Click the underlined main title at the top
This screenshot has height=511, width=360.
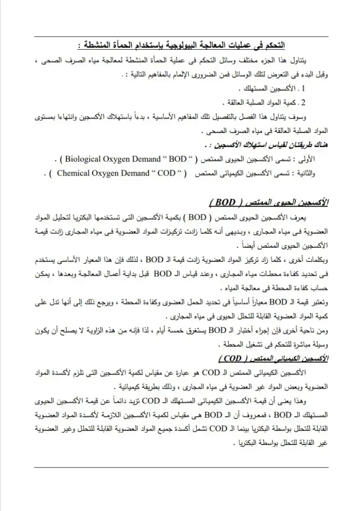(183, 46)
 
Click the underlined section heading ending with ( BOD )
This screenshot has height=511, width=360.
(267, 202)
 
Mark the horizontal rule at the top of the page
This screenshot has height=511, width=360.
(180, 37)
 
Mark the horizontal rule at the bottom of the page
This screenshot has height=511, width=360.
(180, 467)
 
